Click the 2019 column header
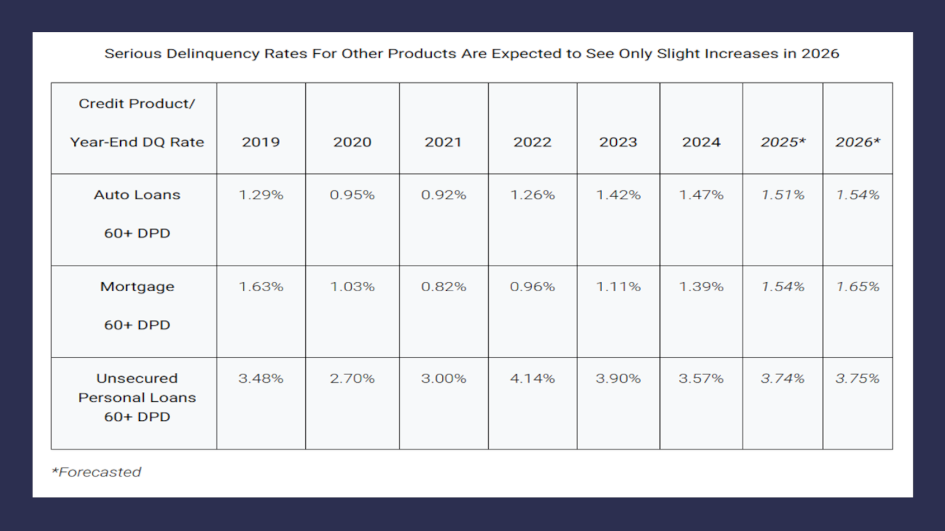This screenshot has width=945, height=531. click(261, 142)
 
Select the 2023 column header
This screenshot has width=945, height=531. click(618, 142)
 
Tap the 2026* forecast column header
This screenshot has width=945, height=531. click(857, 142)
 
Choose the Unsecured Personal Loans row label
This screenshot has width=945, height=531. click(137, 397)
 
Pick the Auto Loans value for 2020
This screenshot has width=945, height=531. click(352, 195)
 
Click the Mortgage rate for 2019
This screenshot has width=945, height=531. click(261, 287)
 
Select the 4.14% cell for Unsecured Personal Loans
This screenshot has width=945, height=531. click(532, 378)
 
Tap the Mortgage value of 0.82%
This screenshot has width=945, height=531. click(443, 287)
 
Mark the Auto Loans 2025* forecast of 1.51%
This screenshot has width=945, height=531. click(782, 195)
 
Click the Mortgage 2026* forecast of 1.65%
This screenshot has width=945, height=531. click(857, 287)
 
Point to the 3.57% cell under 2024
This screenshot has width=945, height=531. click(701, 378)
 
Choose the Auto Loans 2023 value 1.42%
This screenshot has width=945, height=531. click(618, 195)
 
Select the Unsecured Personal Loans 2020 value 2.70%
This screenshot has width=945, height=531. click(352, 378)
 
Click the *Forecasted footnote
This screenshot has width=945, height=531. click(96, 472)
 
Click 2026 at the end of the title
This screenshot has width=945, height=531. click(820, 54)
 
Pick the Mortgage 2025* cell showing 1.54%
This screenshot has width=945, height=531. click(782, 287)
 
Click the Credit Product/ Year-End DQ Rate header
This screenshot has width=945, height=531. click(137, 123)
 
